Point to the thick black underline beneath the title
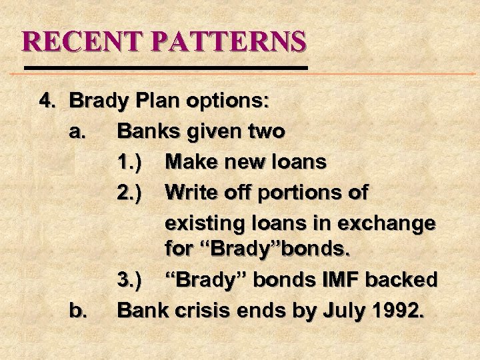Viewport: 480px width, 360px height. [x=166, y=68]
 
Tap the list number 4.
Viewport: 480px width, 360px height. [x=47, y=101]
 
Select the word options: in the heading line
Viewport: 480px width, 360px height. [x=230, y=101]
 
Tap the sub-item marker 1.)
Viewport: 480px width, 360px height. [x=128, y=161]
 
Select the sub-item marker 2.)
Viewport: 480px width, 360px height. [x=128, y=192]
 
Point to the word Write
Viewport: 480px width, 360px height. [x=193, y=192]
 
